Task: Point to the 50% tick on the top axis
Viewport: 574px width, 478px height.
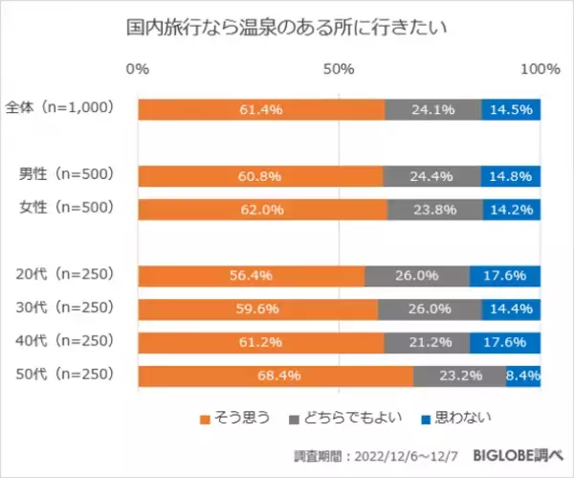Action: (x=339, y=69)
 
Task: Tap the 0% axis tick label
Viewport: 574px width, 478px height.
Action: (x=138, y=69)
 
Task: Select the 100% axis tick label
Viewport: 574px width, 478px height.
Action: (x=541, y=69)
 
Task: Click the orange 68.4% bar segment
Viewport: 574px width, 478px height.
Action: (x=276, y=376)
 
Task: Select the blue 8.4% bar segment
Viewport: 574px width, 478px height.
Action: (x=523, y=376)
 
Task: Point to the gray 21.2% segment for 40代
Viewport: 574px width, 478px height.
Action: (x=427, y=342)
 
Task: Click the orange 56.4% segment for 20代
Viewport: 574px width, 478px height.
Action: (x=251, y=276)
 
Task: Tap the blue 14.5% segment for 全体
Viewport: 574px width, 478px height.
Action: (x=511, y=109)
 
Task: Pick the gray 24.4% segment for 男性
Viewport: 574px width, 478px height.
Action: (x=431, y=176)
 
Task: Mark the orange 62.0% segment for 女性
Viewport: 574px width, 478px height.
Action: (x=262, y=210)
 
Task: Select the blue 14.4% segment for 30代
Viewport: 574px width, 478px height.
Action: (x=512, y=309)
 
